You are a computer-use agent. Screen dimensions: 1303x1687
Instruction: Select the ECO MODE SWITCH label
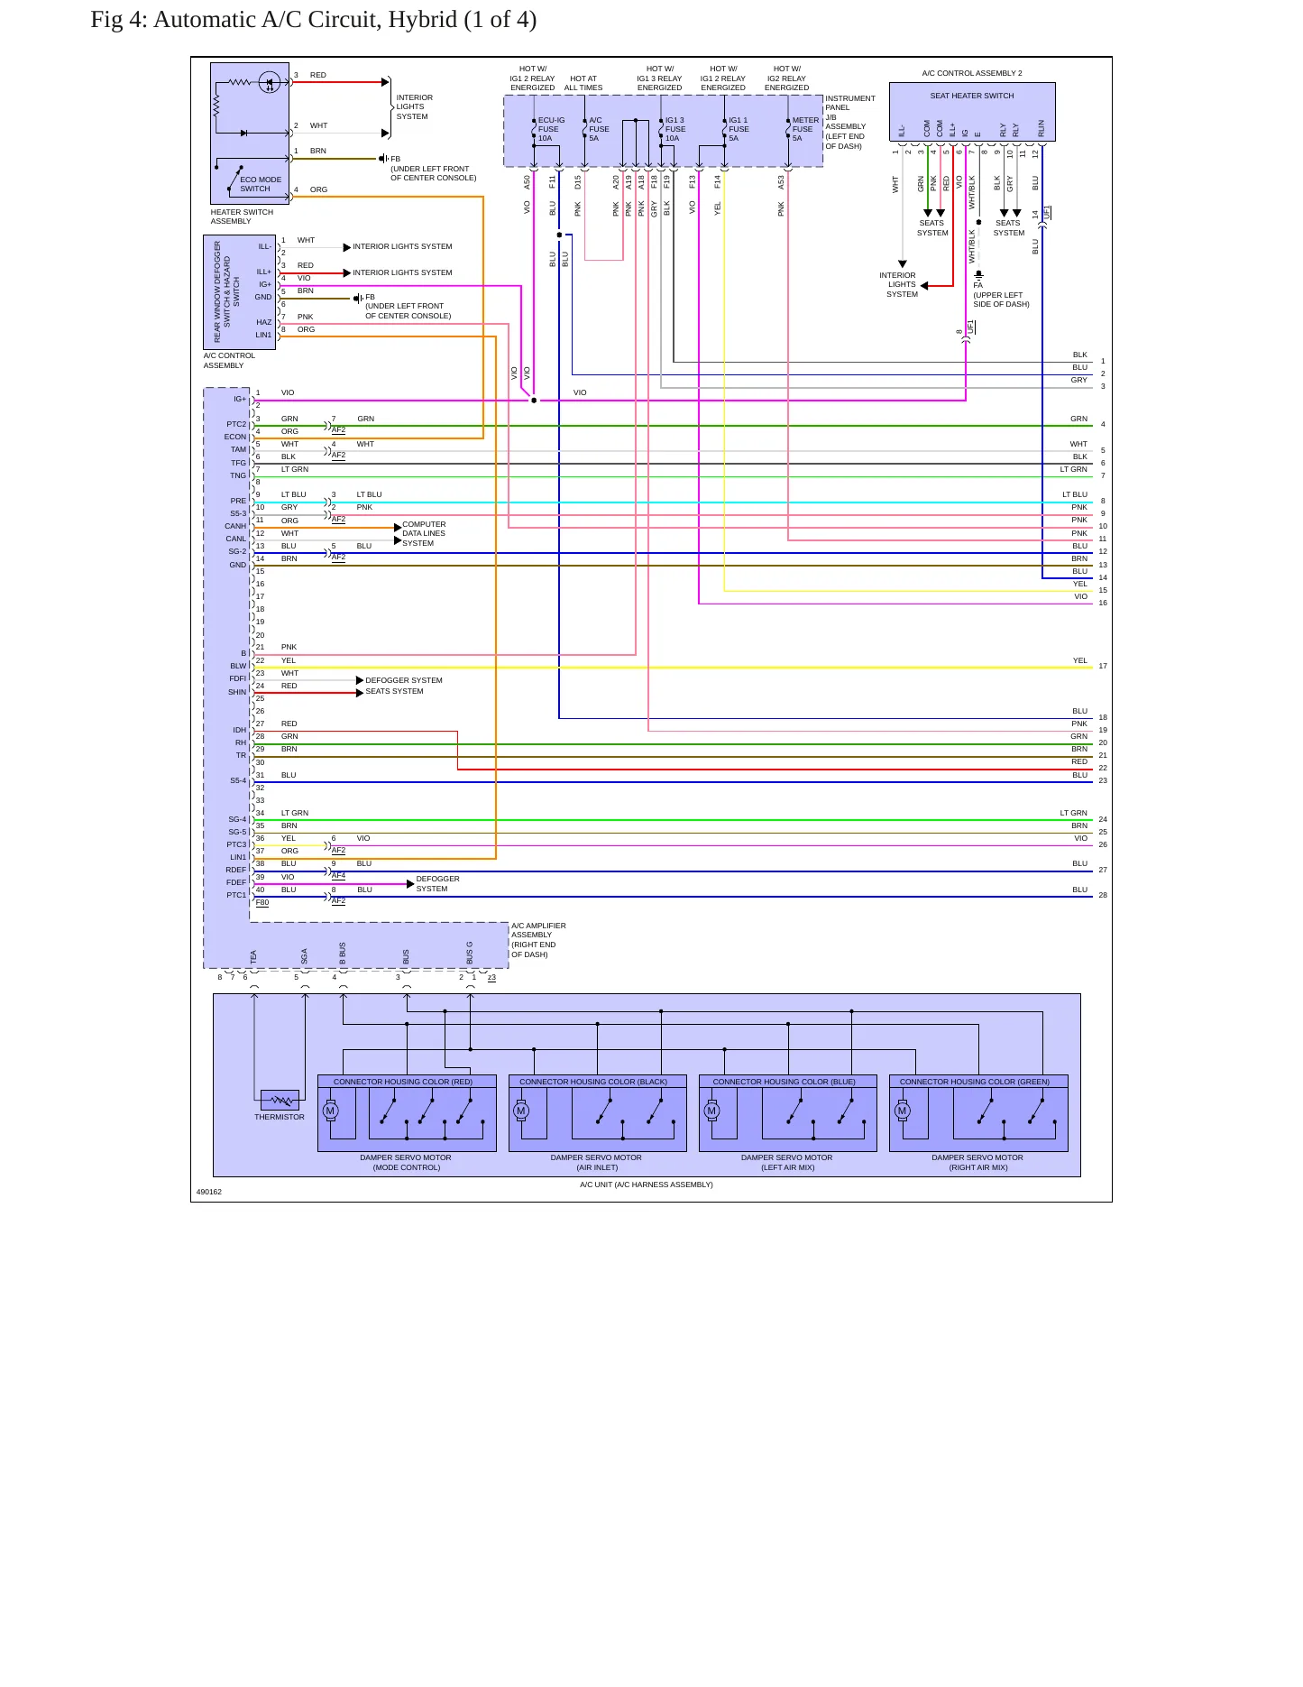pyautogui.click(x=261, y=184)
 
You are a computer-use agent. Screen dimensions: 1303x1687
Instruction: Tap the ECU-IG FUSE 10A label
pyautogui.click(x=551, y=129)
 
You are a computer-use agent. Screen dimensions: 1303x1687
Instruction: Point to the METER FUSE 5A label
pyautogui.click(x=805, y=129)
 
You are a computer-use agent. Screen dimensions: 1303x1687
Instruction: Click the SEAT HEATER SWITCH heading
pyautogui.click(x=972, y=96)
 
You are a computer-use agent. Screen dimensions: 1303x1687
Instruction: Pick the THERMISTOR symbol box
pyautogui.click(x=280, y=1101)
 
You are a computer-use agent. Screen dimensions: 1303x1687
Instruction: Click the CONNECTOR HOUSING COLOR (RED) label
pyautogui.click(x=403, y=1082)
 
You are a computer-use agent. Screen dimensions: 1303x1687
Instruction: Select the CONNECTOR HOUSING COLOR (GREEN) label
pyautogui.click(x=975, y=1082)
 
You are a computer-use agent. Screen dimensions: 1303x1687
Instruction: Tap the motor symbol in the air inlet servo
pyautogui.click(x=521, y=1111)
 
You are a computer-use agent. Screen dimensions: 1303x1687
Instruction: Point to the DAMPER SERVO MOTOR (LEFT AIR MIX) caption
pyautogui.click(x=787, y=1162)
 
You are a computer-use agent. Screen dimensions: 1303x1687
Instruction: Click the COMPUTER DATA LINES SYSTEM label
pyautogui.click(x=424, y=533)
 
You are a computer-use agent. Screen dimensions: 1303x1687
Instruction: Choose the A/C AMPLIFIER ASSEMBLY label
pyautogui.click(x=538, y=940)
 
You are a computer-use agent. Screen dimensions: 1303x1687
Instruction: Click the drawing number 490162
pyautogui.click(x=209, y=1192)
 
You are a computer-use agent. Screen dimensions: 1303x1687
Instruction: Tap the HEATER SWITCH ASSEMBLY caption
pyautogui.click(x=242, y=217)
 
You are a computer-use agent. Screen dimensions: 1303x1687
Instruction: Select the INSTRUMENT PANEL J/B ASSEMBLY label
pyautogui.click(x=850, y=122)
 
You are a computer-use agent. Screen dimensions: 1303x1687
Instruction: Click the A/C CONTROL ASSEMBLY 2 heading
pyautogui.click(x=972, y=73)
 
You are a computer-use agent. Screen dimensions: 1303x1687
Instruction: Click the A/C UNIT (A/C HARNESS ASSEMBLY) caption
pyautogui.click(x=647, y=1185)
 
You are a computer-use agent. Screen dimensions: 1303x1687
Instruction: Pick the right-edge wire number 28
pyautogui.click(x=1103, y=895)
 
